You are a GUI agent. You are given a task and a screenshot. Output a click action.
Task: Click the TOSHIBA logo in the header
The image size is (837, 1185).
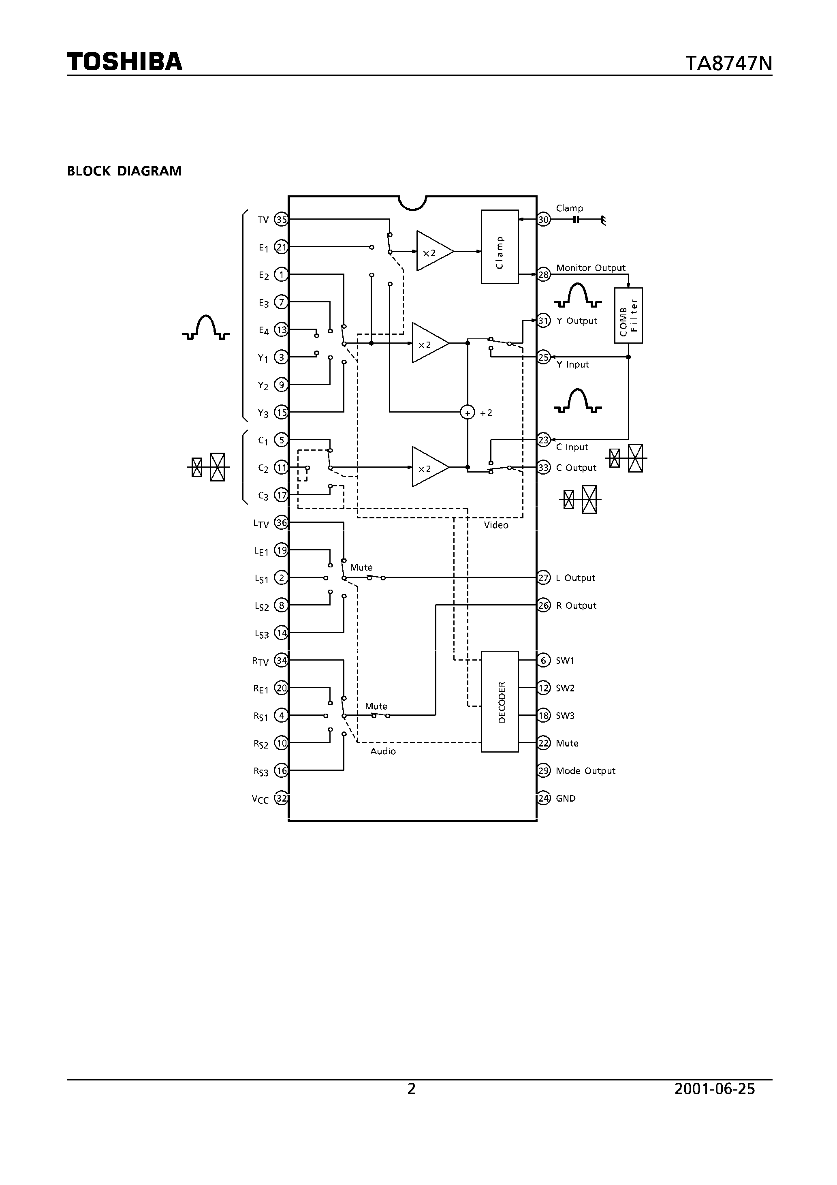coord(124,62)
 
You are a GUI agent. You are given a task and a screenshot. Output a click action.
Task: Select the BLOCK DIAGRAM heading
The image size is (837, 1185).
coord(124,171)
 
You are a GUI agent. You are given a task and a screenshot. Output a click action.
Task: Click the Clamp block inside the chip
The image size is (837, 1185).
coord(500,247)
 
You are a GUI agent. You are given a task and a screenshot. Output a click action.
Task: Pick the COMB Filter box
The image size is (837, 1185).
coord(628,315)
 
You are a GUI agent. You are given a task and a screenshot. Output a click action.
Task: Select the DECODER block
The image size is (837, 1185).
coord(500,702)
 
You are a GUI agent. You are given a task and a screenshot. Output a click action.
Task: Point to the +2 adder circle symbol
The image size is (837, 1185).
coord(467,413)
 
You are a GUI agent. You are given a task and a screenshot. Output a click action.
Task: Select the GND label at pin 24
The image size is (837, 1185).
coord(566,798)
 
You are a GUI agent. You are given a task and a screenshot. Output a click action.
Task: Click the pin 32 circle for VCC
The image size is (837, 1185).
coord(281,798)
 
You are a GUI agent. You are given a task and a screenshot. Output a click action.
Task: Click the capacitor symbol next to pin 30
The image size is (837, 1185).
coord(577,220)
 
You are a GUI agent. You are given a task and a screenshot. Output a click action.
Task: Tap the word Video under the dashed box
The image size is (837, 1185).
coord(496,525)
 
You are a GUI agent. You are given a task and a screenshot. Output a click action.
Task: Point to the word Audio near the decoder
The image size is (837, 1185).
coord(383,751)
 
